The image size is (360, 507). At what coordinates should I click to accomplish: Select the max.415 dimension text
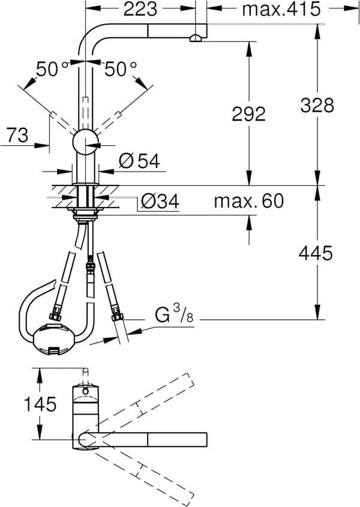pos(279,9)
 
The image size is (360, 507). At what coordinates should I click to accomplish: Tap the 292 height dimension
pos(248,113)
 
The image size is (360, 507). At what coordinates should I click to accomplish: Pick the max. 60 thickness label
pos(248,201)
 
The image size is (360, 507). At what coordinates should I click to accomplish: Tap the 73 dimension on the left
pos(19,135)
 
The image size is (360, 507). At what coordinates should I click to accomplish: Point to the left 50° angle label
pos(53,70)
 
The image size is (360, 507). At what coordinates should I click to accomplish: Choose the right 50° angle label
pos(121,70)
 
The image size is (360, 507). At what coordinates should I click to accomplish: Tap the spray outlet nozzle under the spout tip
pos(196,39)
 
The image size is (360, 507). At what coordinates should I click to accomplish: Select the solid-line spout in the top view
pos(150,439)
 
